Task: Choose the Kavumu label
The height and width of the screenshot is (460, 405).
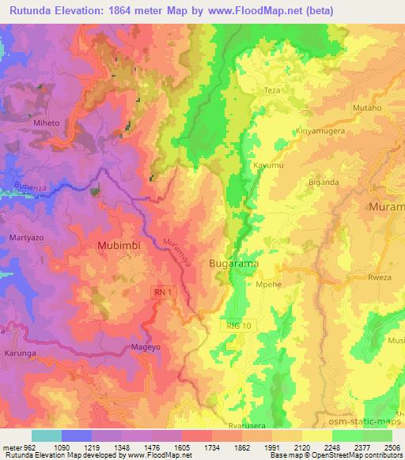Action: pyautogui.click(x=268, y=165)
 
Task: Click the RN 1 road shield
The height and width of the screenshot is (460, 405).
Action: pyautogui.click(x=161, y=293)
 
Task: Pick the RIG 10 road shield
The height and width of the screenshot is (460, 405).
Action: pyautogui.click(x=233, y=325)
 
